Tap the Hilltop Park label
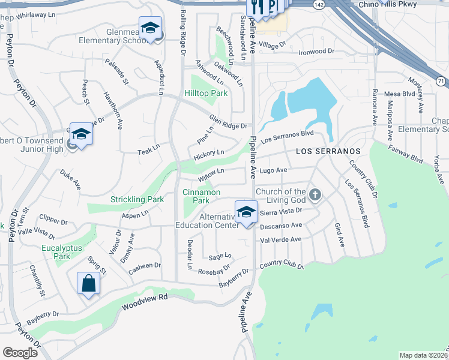[206, 94]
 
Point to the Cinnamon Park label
[202, 196]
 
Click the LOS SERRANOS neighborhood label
[328, 151]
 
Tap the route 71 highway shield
[441, 80]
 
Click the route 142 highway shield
[319, 4]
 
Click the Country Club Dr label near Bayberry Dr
[282, 265]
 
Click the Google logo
[20, 353]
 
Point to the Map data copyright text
[423, 355]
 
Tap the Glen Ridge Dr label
[228, 122]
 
